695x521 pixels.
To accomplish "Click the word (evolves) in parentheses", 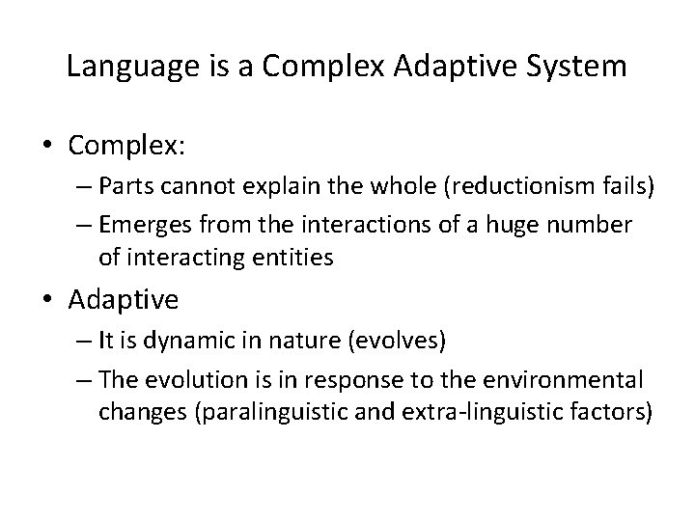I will (x=390, y=342).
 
